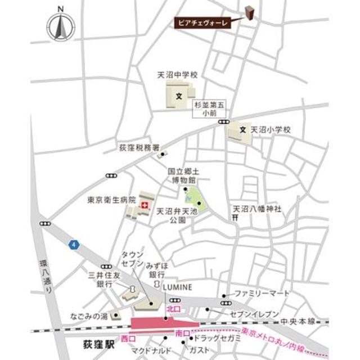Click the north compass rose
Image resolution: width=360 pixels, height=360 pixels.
61,25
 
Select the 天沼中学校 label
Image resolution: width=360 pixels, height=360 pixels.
177,74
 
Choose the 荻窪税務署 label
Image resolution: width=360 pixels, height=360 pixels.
135,148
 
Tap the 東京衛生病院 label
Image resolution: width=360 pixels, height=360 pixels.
111,199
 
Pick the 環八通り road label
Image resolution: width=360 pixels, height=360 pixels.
49,276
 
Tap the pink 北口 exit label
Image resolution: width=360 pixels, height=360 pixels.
173,309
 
